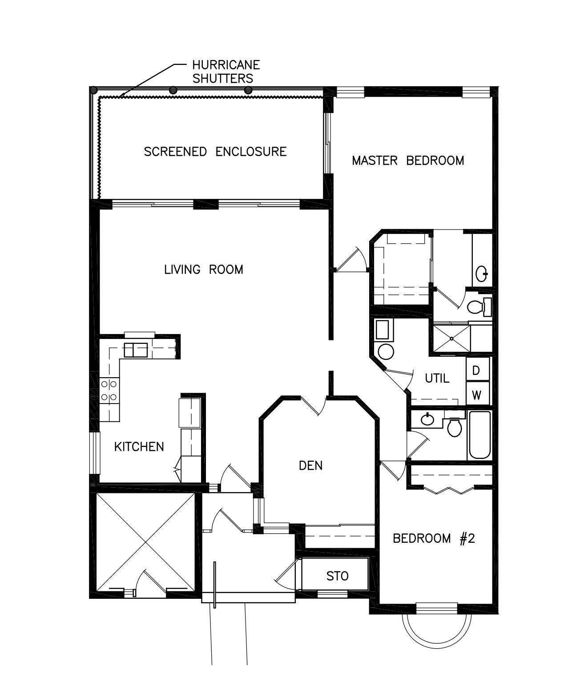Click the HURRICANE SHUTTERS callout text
pyautogui.click(x=226, y=71)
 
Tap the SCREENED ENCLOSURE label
pyautogui.click(x=215, y=152)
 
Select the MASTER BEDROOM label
pyautogui.click(x=407, y=161)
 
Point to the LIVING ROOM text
pyautogui.click(x=204, y=270)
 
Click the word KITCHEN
pyautogui.click(x=139, y=447)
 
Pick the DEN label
pyautogui.click(x=310, y=466)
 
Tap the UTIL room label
pyautogui.click(x=437, y=379)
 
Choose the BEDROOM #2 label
pyautogui.click(x=434, y=539)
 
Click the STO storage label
pyautogui.click(x=337, y=576)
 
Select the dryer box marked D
pyautogui.click(x=476, y=370)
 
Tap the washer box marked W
pyautogui.click(x=476, y=395)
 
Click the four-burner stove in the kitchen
pyautogui.click(x=109, y=390)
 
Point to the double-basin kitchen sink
pyautogui.click(x=136, y=350)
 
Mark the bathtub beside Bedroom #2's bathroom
pyautogui.click(x=479, y=435)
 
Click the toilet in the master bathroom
pyautogui.click(x=476, y=307)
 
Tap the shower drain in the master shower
pyautogui.click(x=451, y=339)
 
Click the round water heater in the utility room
pyautogui.click(x=385, y=351)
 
